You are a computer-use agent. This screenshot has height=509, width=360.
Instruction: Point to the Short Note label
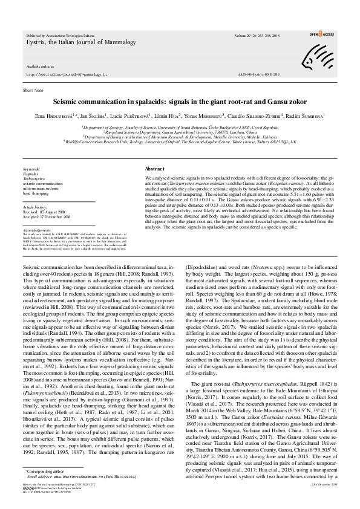33,89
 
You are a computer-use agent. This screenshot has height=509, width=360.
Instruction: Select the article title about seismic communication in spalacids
180,103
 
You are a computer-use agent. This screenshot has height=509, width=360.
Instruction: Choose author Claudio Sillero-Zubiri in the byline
269,115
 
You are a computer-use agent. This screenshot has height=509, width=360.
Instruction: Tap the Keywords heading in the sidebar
32,169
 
